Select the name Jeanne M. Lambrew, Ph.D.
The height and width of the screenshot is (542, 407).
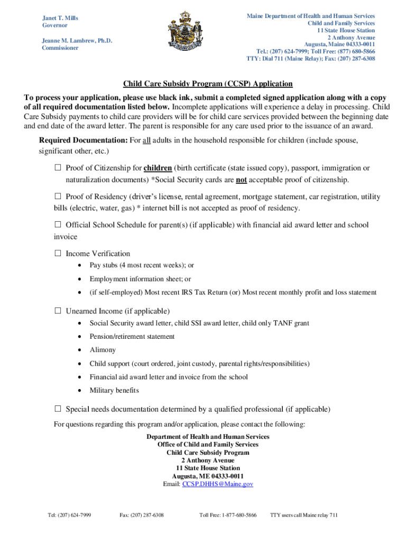click(x=77, y=41)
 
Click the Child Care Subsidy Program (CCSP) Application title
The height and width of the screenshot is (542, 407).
click(x=208, y=84)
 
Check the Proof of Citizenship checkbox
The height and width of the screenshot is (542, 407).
click(x=58, y=168)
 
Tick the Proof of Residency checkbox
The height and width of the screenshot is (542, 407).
click(x=58, y=197)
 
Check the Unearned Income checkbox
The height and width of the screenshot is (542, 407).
click(x=58, y=311)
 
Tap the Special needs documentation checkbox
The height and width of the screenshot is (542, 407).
click(x=58, y=409)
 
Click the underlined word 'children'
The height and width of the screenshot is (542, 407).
click(x=158, y=168)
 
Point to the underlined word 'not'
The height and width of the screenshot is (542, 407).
click(x=241, y=180)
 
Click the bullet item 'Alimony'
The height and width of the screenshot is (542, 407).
click(x=103, y=350)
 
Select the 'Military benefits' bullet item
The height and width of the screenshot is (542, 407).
click(x=114, y=391)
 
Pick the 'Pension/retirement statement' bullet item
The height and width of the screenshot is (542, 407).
click(x=132, y=337)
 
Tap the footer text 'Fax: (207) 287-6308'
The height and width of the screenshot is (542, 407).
click(x=142, y=515)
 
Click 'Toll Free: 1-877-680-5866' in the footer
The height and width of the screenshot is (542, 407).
click(x=228, y=515)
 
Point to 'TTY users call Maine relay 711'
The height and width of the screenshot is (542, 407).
click(x=303, y=515)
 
